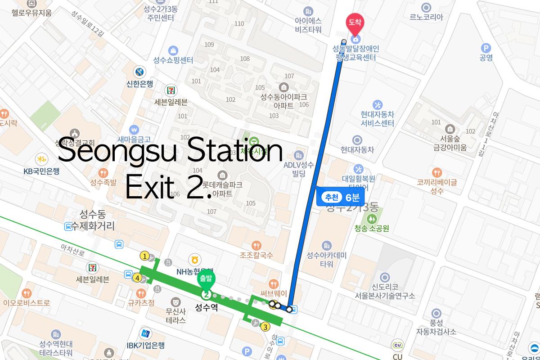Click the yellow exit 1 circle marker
pyautogui.click(x=144, y=256)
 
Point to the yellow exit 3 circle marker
pyautogui.click(x=265, y=327)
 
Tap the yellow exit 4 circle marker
pyautogui.click(x=137, y=278)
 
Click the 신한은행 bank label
pyautogui.click(x=140, y=83)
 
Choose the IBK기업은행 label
pyautogui.click(x=145, y=345)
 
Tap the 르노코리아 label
pyautogui.click(x=426, y=17)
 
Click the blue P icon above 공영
pyautogui.click(x=486, y=48)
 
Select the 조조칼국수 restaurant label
pyautogui.click(x=256, y=255)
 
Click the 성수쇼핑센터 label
pyautogui.click(x=173, y=60)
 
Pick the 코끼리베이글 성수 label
pyautogui.click(x=436, y=186)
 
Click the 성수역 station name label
pyautogui.click(x=206, y=308)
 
